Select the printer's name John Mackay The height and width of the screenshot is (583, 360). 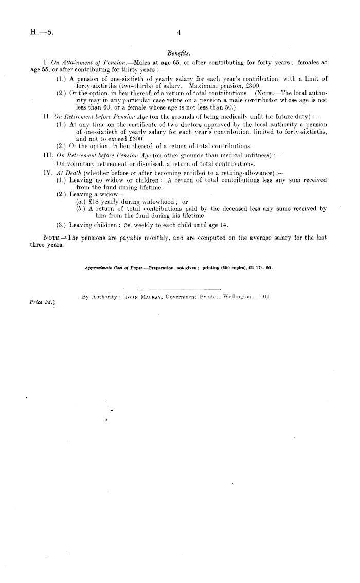point(137,297)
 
